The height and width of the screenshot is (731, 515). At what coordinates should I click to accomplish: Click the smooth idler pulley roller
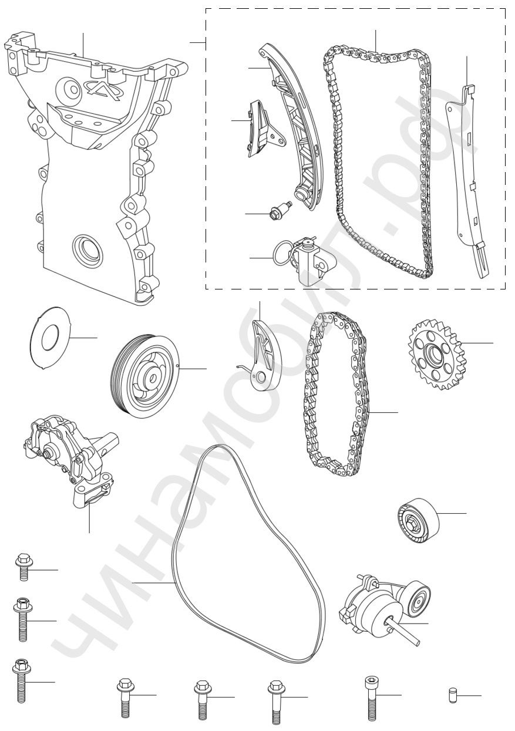point(418,521)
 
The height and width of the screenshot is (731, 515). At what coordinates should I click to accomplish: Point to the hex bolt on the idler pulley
point(412,524)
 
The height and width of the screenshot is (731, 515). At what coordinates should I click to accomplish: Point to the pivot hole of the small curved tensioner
point(261,378)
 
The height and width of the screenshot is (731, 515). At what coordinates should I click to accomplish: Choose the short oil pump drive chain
point(335,394)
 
